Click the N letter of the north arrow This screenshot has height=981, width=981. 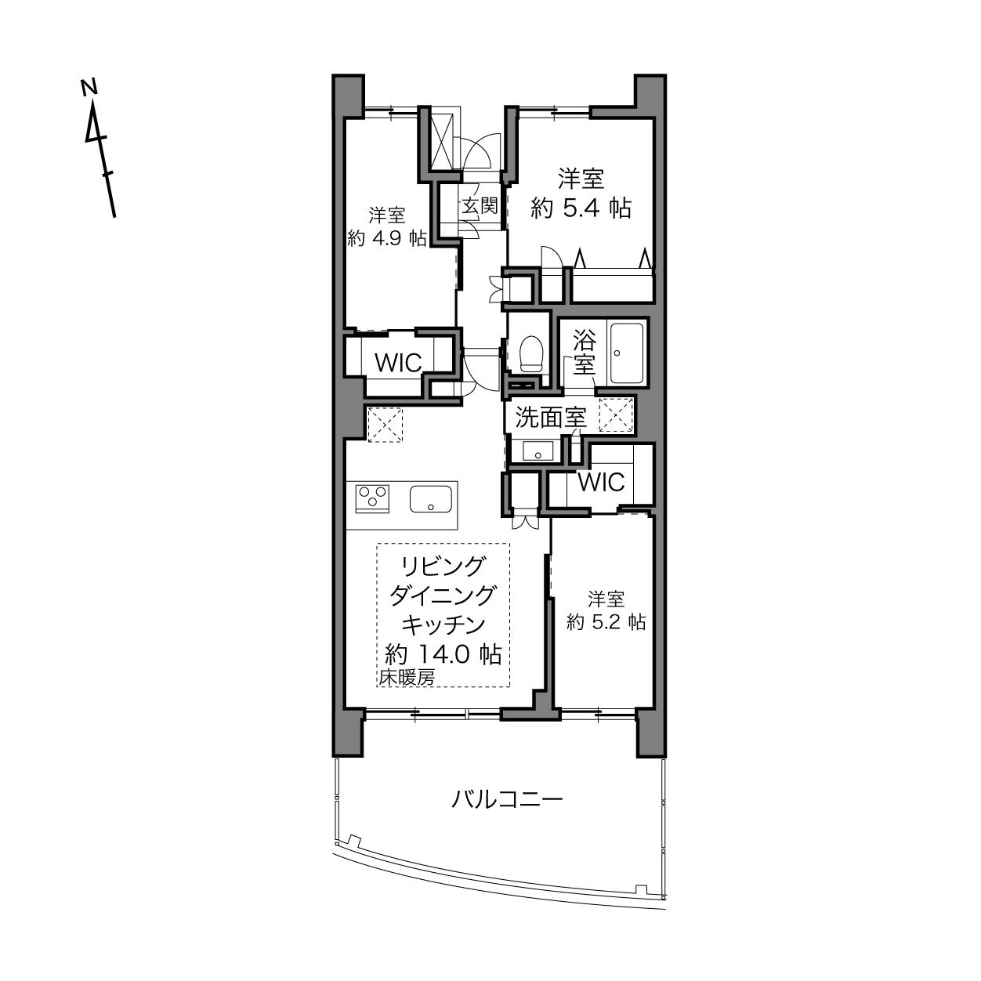[x=89, y=87]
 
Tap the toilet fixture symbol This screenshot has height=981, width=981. [x=531, y=353]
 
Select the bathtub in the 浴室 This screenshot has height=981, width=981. [x=627, y=353]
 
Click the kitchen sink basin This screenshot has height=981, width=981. [x=431, y=499]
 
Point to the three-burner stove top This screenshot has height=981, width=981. [x=373, y=498]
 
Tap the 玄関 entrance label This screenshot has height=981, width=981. [x=480, y=206]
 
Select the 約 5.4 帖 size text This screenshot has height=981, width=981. [x=581, y=208]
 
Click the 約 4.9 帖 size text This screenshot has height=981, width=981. [x=387, y=238]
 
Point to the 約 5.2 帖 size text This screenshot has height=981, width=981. [x=606, y=622]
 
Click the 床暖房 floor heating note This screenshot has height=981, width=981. [x=407, y=678]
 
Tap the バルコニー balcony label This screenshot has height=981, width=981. [x=508, y=800]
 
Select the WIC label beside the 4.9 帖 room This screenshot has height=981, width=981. [x=398, y=363]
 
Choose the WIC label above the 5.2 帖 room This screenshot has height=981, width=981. [x=601, y=482]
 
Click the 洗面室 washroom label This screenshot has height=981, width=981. [x=551, y=418]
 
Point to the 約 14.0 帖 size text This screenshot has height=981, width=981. [x=443, y=654]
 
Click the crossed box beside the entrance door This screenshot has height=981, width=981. [x=441, y=142]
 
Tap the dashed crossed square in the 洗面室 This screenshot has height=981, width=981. [x=616, y=414]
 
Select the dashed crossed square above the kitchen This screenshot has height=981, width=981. [x=385, y=425]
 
